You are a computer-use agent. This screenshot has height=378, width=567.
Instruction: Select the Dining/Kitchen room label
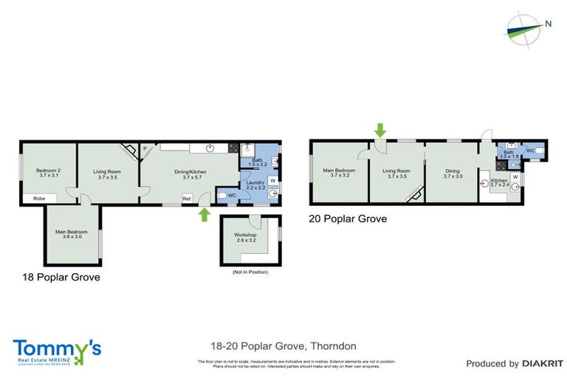[190, 174]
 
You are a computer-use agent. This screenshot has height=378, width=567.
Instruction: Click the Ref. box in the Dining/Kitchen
[188, 198]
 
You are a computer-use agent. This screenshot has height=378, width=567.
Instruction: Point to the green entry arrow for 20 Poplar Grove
[379, 131]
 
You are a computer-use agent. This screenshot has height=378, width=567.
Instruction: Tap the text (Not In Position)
[250, 272]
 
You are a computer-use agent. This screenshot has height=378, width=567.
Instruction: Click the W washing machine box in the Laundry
[272, 180]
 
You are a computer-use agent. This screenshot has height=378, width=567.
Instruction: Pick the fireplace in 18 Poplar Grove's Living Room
[129, 151]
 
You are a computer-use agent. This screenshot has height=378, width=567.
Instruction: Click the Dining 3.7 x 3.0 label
[451, 174]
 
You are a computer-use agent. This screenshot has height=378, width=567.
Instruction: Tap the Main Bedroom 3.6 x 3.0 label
[74, 234]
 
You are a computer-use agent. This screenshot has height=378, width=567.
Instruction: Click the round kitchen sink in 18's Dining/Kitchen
[210, 148]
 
